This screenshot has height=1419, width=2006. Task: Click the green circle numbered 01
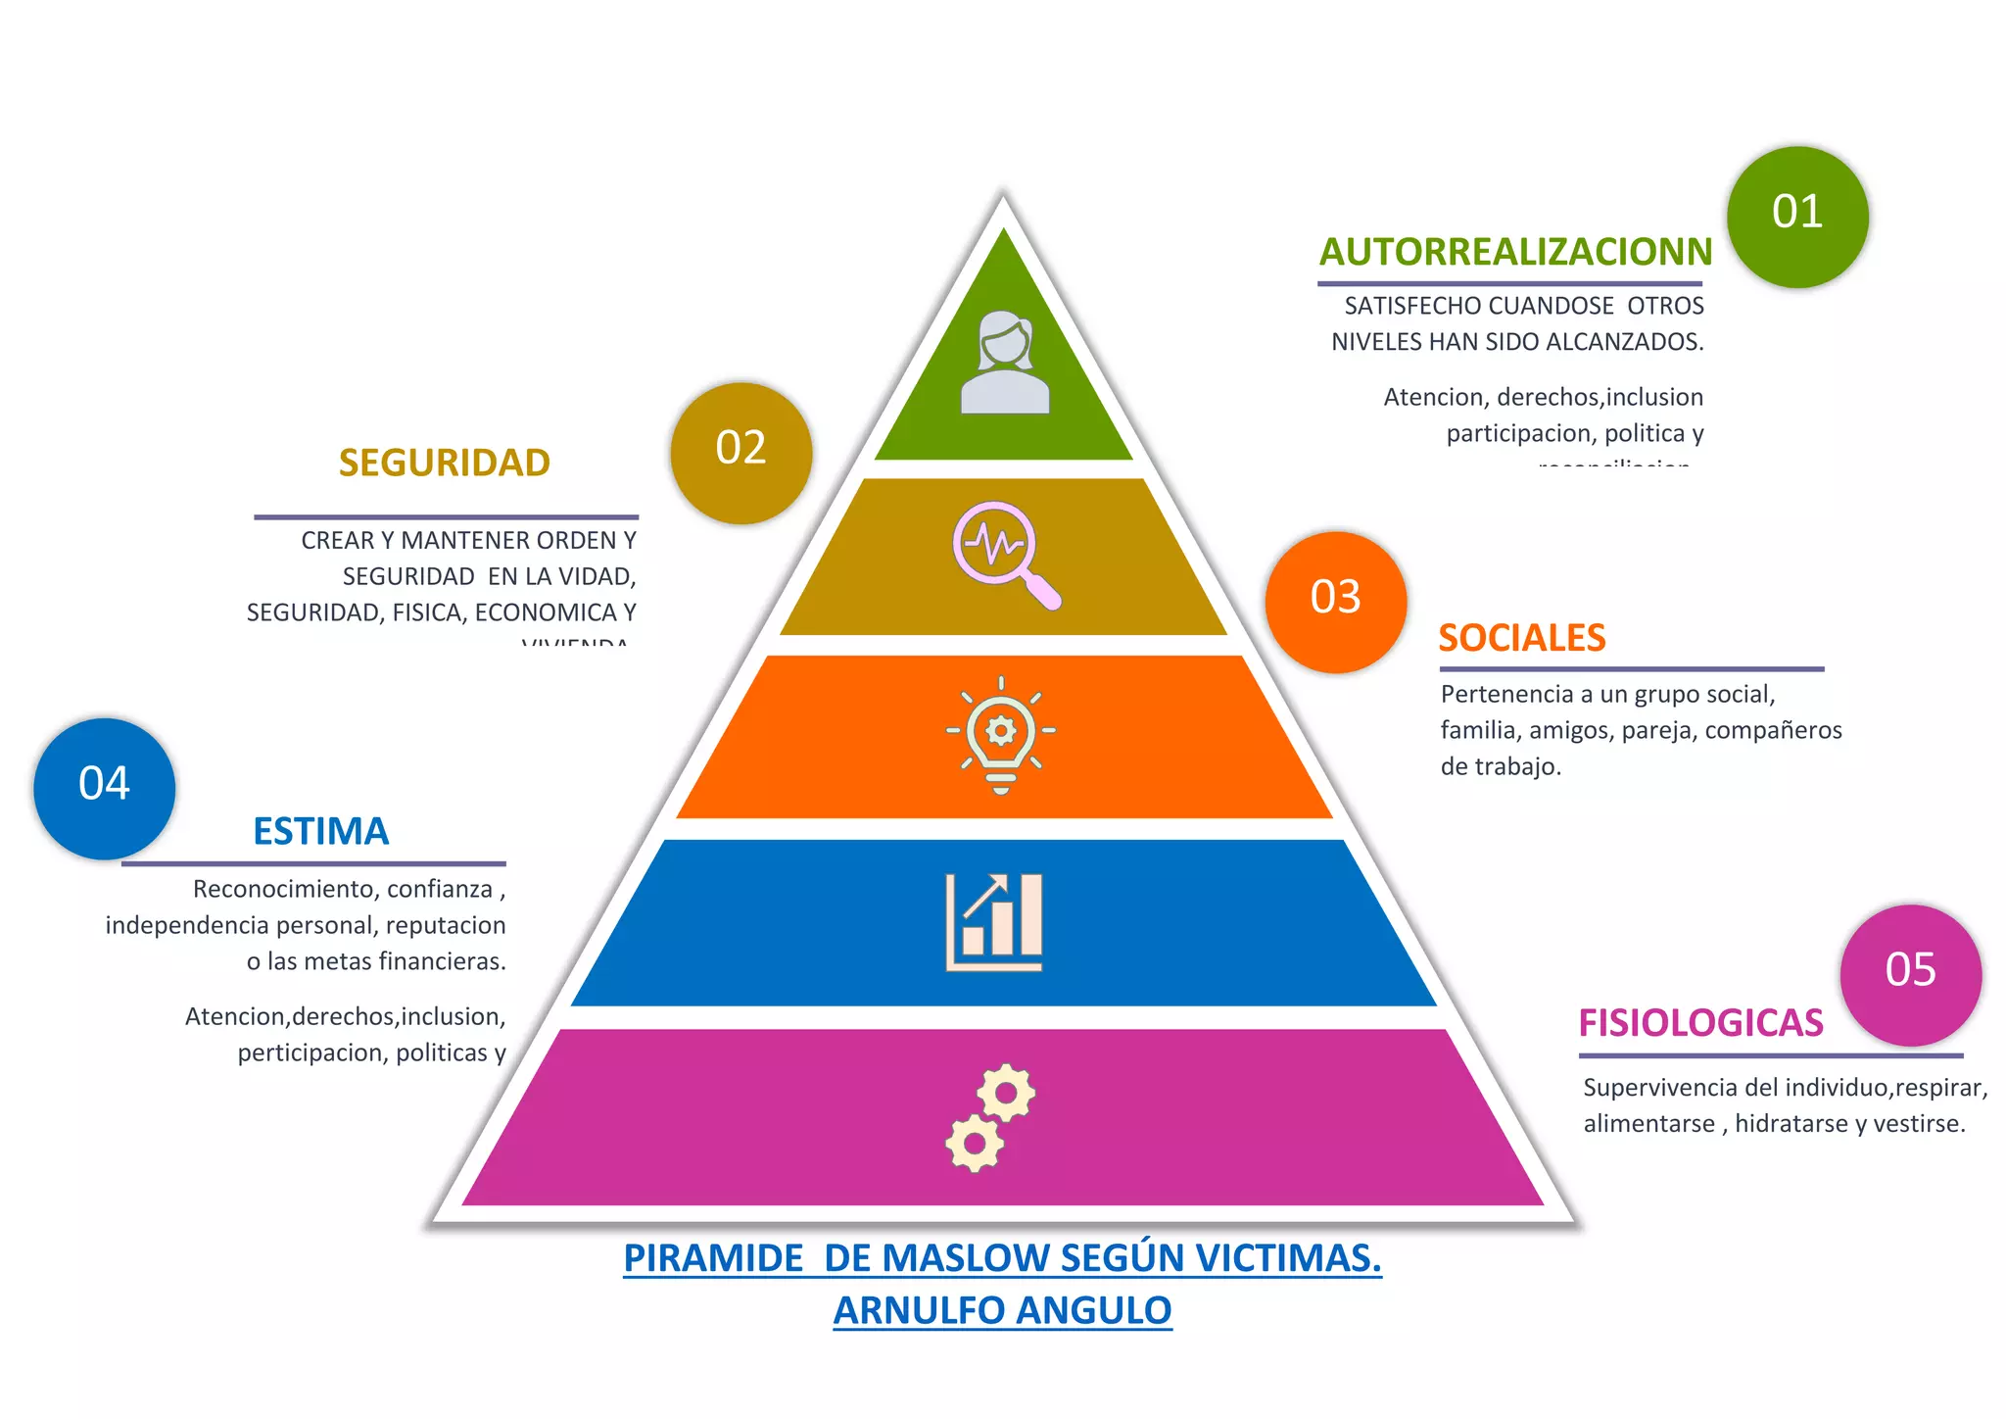click(x=1797, y=217)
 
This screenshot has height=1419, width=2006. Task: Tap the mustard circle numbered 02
click(x=741, y=453)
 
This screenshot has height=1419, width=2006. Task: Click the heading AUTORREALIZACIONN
click(x=1515, y=252)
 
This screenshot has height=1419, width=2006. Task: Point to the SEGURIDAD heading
click(x=445, y=463)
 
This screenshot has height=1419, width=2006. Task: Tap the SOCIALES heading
click(x=1522, y=638)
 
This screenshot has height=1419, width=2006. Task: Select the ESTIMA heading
click(x=321, y=832)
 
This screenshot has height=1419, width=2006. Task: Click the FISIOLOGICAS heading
click(x=1700, y=1023)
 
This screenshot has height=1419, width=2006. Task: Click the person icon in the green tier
click(x=1005, y=363)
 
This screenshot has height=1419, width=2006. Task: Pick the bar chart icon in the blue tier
click(x=994, y=922)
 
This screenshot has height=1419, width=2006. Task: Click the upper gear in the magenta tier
click(x=1006, y=1092)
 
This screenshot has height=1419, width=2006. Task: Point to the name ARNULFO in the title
click(x=914, y=1310)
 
